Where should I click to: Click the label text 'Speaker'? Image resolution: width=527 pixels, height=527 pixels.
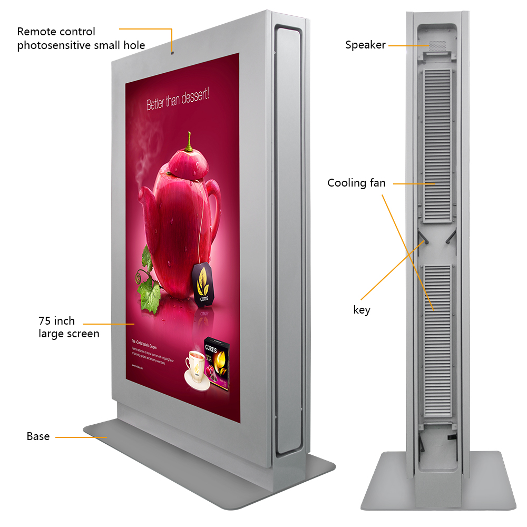point(365,45)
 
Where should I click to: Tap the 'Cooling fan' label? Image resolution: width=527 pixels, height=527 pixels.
point(356,183)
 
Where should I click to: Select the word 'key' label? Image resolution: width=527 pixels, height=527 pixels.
point(362,310)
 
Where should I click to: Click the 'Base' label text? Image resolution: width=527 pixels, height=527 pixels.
point(38,436)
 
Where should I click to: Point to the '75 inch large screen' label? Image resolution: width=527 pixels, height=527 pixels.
point(69,327)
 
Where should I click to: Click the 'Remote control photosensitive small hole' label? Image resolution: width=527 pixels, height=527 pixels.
point(81,38)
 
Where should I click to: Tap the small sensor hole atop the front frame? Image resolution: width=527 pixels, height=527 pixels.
point(172,52)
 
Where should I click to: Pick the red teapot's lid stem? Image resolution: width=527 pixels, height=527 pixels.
point(188,142)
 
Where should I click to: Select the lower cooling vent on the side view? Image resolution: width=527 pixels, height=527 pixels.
point(436,337)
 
